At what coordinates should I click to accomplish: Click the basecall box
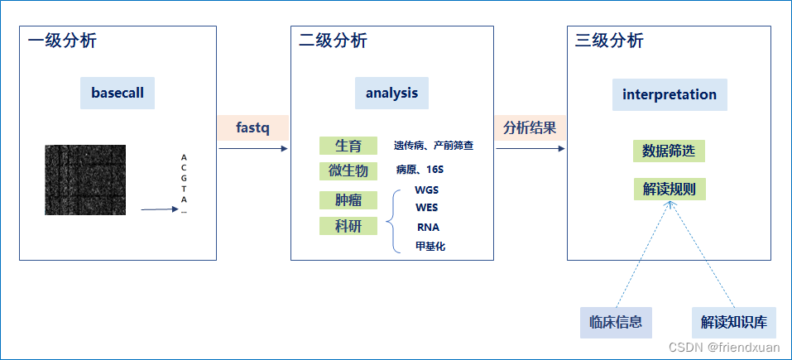(x=118, y=94)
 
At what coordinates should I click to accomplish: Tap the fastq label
(x=252, y=128)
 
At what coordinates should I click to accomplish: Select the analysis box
(x=391, y=94)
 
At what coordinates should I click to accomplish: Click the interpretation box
(x=670, y=94)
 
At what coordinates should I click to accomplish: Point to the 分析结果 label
(x=530, y=128)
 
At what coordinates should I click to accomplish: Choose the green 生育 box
(x=348, y=146)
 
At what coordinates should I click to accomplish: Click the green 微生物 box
(x=348, y=170)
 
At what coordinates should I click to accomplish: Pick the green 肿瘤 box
(x=348, y=201)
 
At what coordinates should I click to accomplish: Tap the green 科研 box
(x=348, y=226)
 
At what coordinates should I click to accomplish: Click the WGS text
(x=427, y=190)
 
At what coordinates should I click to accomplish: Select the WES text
(x=427, y=207)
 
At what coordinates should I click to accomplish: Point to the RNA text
(x=428, y=227)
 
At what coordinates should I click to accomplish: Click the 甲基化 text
(x=430, y=246)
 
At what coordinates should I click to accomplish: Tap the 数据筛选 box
(x=670, y=151)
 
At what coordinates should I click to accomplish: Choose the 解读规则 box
(x=670, y=189)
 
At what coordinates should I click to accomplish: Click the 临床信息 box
(x=616, y=322)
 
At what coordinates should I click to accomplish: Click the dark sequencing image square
(x=85, y=180)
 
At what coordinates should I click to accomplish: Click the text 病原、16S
(x=420, y=170)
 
